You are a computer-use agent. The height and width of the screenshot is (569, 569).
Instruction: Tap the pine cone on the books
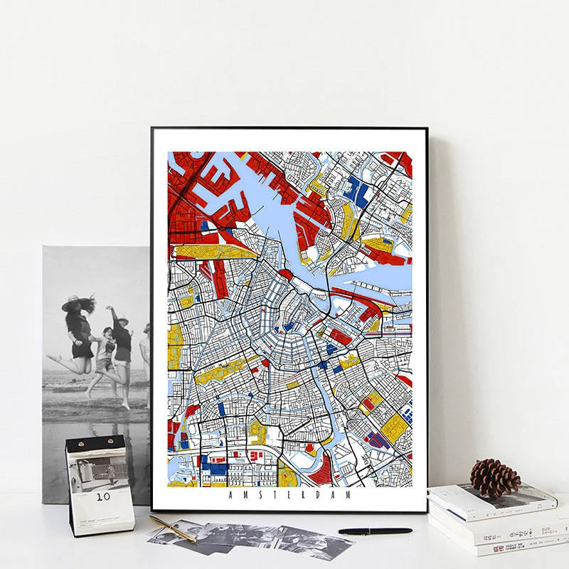coord(495,477)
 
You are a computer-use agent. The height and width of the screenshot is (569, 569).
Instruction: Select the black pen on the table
coord(375,531)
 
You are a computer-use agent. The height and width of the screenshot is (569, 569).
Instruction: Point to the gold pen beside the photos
coord(172,528)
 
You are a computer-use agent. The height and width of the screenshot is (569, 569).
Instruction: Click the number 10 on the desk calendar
coord(103,496)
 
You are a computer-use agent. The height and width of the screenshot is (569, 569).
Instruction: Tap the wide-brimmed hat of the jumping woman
coord(75,302)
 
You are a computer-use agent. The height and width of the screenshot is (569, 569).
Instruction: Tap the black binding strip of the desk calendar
coord(96,445)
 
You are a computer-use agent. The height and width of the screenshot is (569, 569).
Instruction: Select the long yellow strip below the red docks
coord(213,251)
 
